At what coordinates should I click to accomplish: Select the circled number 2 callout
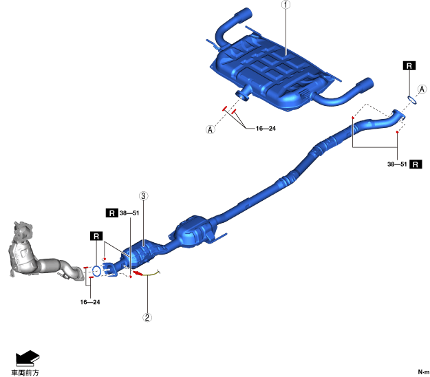[x=147, y=318]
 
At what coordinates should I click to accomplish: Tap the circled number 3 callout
[x=143, y=196]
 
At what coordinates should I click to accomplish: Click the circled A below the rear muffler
[x=209, y=129]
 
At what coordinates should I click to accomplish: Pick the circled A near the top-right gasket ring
[x=422, y=89]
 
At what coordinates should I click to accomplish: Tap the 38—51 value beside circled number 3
[x=129, y=213]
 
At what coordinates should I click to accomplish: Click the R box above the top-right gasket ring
[x=409, y=66]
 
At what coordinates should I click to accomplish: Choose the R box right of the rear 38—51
[x=416, y=164]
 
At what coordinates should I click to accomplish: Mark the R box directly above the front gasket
[x=96, y=236]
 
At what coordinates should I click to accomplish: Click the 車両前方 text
[x=25, y=372]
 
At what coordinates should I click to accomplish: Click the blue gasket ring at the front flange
[x=97, y=271]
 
